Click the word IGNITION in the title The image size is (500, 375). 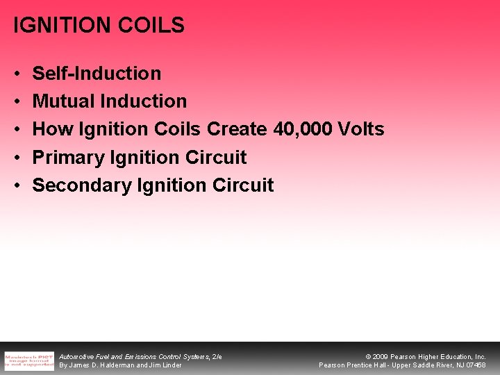tap(56, 26)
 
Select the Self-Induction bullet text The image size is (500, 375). tap(97, 74)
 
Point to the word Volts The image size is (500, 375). tap(360, 129)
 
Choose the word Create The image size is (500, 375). tap(237, 129)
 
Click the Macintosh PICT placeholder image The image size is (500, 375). tap(28, 360)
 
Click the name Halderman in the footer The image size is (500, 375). tap(117, 365)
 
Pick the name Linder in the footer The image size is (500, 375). tap(170, 365)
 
